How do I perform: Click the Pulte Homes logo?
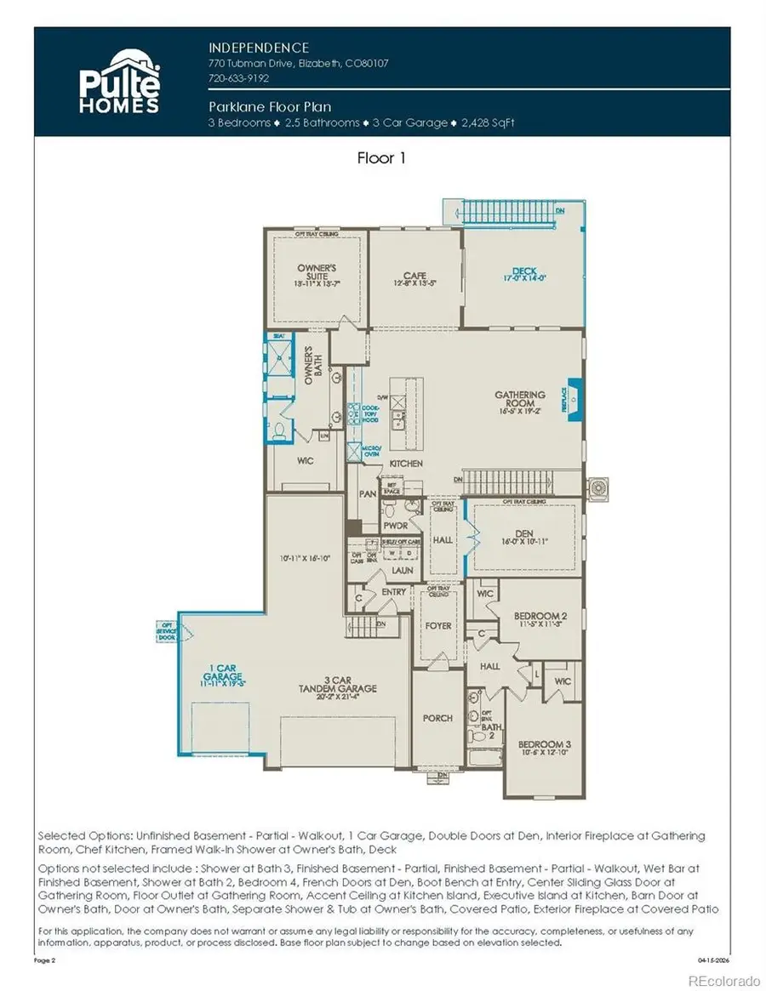[x=119, y=82]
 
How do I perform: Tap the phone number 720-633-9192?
[x=238, y=78]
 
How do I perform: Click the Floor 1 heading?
[x=383, y=158]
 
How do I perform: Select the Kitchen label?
[x=406, y=464]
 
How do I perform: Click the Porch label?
[x=437, y=718]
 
